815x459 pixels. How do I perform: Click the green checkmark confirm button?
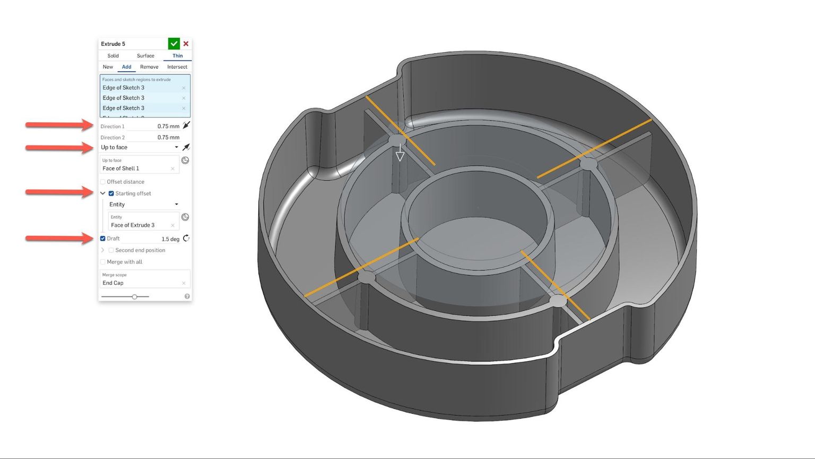(174, 44)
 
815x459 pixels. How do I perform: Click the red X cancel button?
(186, 44)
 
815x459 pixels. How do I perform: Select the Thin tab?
(177, 56)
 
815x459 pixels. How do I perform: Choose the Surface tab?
(145, 56)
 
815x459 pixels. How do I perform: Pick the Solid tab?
(113, 56)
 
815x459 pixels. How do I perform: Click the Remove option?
(149, 67)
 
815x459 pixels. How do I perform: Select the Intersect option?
(177, 67)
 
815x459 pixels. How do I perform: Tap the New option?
(108, 67)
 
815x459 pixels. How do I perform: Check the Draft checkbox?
(103, 239)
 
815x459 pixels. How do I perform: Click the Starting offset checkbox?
(111, 193)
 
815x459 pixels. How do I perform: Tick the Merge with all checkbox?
(103, 262)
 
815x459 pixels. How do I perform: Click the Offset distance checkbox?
(103, 182)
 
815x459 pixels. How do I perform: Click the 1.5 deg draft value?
(170, 239)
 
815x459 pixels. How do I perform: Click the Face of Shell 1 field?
(135, 168)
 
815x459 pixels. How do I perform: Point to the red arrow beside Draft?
(59, 239)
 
